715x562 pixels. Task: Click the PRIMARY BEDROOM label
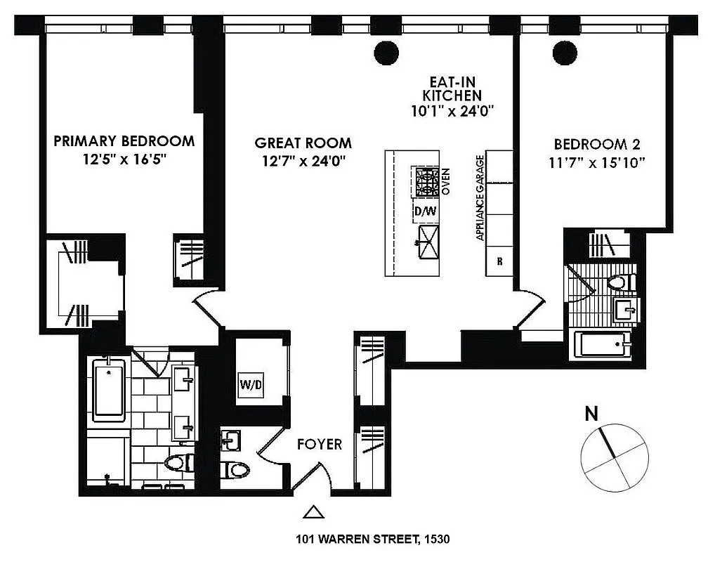tap(124, 140)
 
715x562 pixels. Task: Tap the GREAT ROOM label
tap(303, 143)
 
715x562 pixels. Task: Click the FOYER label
tap(319, 444)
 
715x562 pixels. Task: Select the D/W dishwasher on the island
tap(424, 211)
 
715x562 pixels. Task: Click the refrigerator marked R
tap(499, 261)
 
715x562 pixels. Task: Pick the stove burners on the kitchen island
tap(426, 181)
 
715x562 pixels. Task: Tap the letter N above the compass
tap(592, 414)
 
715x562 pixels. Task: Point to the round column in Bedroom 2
tap(563, 51)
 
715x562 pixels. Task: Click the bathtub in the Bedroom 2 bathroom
tap(603, 346)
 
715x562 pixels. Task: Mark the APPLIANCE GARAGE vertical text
tap(480, 198)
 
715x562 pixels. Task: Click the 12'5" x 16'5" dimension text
tap(124, 159)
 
